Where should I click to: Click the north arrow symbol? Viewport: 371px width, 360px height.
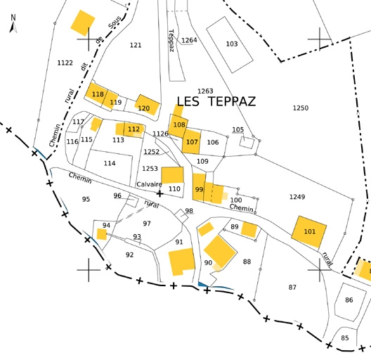[x=13, y=24]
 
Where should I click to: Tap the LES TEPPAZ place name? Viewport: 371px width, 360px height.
[x=216, y=101]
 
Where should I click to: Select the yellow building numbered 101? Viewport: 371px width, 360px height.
[x=308, y=231]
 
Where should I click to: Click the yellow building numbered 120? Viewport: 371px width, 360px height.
[x=147, y=105]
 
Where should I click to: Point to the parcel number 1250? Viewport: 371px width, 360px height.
[x=301, y=108]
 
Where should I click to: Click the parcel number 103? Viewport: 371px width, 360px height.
[x=232, y=44]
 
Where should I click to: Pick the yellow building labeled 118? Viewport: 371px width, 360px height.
[x=96, y=94]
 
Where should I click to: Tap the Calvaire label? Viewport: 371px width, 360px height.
[x=149, y=184]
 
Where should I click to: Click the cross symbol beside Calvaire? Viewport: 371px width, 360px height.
[x=160, y=194]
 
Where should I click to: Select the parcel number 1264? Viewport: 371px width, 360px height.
[x=189, y=40]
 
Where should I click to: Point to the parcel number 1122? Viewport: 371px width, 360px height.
[x=65, y=63]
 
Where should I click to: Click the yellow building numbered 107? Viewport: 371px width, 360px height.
[x=191, y=141]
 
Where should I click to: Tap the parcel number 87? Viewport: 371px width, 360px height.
[x=292, y=288]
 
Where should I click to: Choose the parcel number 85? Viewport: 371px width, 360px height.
[x=345, y=337]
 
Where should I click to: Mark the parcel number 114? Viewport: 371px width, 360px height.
[x=110, y=163]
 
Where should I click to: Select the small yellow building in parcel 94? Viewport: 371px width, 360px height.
[x=102, y=234]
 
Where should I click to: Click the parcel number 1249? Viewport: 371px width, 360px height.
[x=297, y=197]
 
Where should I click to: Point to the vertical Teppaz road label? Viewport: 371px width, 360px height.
[x=171, y=41]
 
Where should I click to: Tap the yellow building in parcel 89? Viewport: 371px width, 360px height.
[x=249, y=229]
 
